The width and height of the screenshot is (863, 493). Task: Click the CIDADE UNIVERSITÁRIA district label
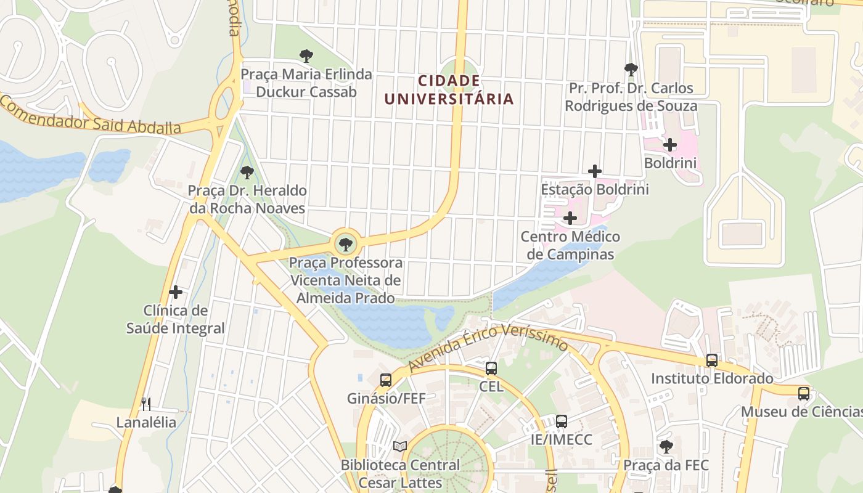tap(449, 90)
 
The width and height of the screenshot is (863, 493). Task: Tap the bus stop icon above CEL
tap(491, 369)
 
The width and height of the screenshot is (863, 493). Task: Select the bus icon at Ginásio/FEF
tap(386, 380)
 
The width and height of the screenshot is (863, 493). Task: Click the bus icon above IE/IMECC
tap(561, 422)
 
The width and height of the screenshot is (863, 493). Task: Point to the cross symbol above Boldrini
tap(670, 145)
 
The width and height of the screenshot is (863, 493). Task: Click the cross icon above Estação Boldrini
tap(595, 171)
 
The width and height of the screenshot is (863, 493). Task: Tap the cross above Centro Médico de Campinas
tap(570, 218)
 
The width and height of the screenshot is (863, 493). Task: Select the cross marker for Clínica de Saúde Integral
tap(176, 292)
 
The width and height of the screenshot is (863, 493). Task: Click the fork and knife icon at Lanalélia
tap(146, 404)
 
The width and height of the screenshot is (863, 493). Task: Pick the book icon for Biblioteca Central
tap(400, 446)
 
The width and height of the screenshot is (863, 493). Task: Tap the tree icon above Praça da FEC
tap(666, 446)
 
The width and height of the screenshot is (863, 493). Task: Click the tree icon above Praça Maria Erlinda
tap(306, 56)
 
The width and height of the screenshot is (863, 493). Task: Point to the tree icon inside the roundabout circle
tap(346, 244)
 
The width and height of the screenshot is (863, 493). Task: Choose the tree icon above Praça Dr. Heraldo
tap(247, 172)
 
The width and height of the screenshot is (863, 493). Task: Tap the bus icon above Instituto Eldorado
tap(712, 361)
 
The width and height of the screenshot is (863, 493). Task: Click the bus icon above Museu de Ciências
tap(803, 393)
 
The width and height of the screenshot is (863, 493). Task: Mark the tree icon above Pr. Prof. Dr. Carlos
tap(631, 69)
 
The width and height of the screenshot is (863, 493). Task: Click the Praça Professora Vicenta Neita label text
tap(346, 280)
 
